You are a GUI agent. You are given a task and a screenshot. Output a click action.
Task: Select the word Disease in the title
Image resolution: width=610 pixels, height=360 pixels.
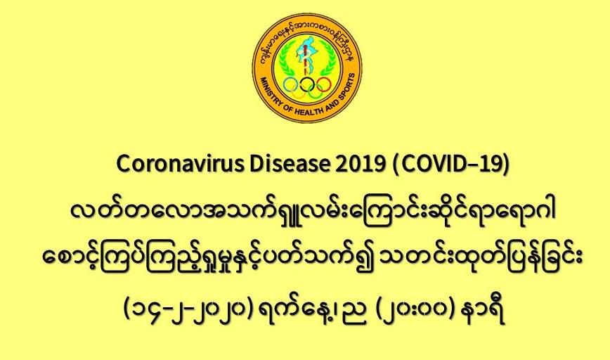(289, 165)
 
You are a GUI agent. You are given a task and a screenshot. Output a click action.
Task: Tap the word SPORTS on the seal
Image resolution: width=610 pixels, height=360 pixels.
(346, 88)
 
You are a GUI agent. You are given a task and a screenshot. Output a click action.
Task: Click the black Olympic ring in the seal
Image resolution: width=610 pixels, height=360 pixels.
(306, 84)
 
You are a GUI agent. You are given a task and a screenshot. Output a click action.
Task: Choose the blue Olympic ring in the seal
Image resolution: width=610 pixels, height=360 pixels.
(290, 84)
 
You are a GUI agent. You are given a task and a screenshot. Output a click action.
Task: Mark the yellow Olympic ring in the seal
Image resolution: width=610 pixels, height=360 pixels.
(299, 91)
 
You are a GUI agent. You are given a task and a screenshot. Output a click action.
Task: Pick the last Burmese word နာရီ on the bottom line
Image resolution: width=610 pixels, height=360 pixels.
(483, 310)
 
